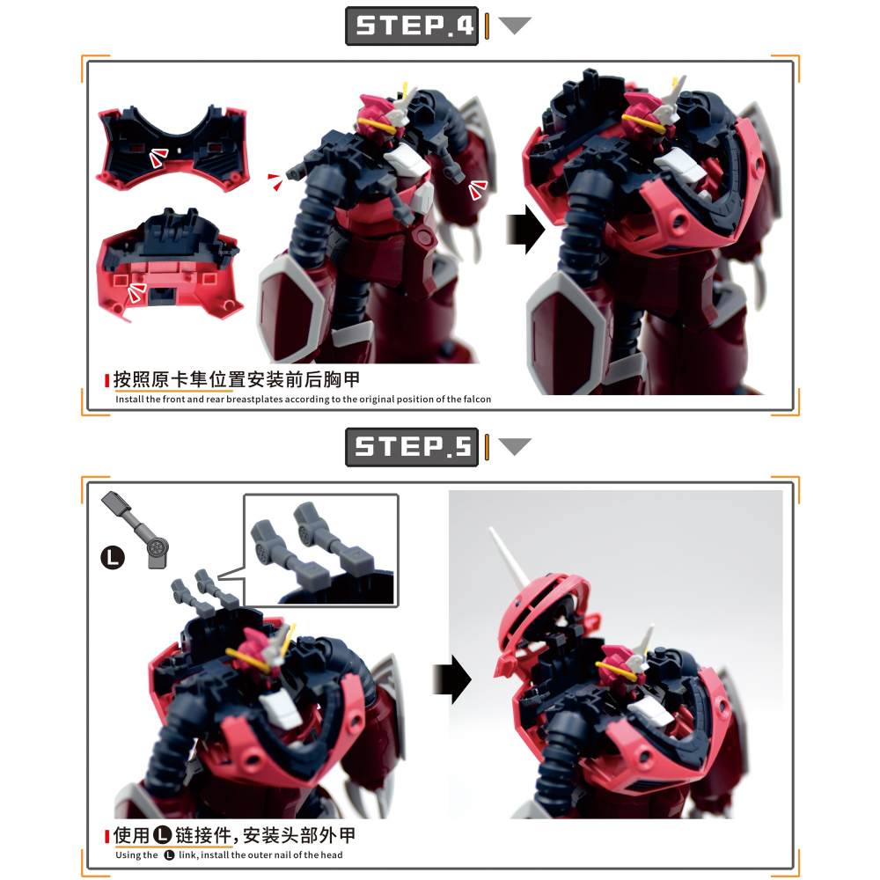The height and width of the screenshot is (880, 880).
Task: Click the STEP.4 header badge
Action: pyautogui.click(x=411, y=26)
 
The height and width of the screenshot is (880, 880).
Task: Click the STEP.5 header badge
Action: pyautogui.click(x=411, y=447)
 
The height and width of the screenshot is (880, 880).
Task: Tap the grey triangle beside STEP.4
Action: pyautogui.click(x=514, y=26)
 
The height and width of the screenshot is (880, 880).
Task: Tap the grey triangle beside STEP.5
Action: pyautogui.click(x=514, y=446)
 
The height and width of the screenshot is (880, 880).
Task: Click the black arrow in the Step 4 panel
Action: pyautogui.click(x=525, y=230)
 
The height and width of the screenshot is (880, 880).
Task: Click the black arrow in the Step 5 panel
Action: pyautogui.click(x=451, y=679)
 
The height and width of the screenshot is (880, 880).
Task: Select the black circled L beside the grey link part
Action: pyautogui.click(x=113, y=557)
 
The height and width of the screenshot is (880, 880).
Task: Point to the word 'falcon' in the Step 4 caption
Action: pyautogui.click(x=477, y=399)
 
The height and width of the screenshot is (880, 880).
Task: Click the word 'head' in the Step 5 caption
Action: pyautogui.click(x=331, y=854)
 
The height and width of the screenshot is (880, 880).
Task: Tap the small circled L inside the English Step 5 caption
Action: pyautogui.click(x=169, y=854)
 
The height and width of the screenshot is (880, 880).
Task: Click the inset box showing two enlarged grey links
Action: pyautogui.click(x=321, y=550)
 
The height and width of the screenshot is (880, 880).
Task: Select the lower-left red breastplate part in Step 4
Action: pyautogui.click(x=168, y=264)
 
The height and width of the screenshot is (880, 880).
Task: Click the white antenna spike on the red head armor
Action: pyautogui.click(x=509, y=556)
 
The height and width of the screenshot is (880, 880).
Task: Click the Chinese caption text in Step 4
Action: pyautogui.click(x=236, y=379)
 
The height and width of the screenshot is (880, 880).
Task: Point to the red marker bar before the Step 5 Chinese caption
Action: pyautogui.click(x=106, y=836)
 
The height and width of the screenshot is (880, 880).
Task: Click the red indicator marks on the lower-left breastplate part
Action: pyautogui.click(x=136, y=292)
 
